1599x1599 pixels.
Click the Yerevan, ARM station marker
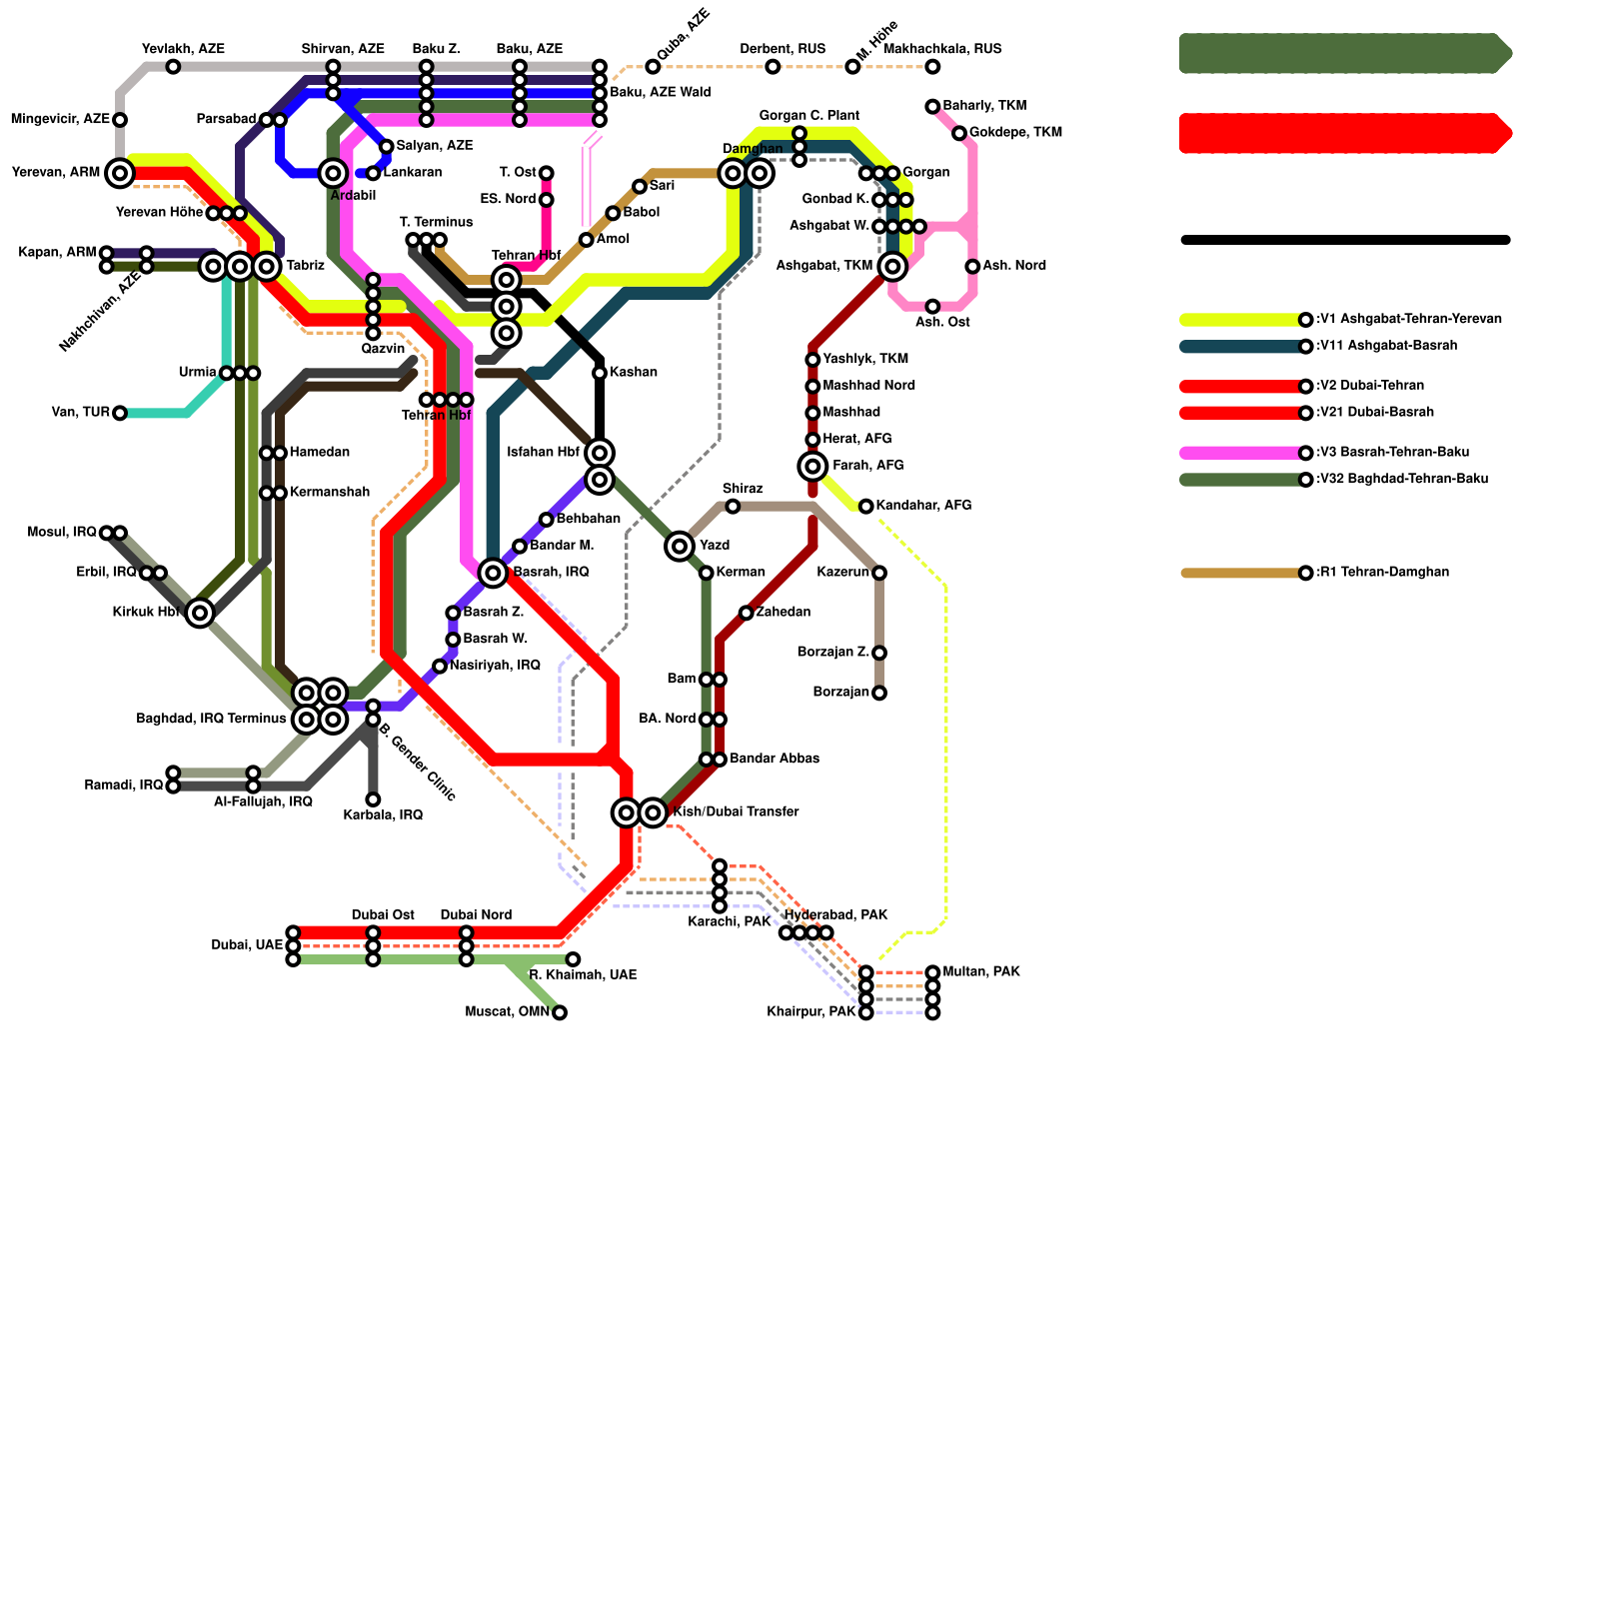[x=120, y=173]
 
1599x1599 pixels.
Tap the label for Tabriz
[x=305, y=266]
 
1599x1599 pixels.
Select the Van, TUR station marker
[x=120, y=413]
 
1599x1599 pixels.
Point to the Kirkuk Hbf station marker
[x=200, y=613]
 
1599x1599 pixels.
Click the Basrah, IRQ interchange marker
[x=493, y=573]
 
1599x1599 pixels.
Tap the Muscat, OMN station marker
[x=560, y=1012]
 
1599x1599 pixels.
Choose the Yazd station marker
[x=680, y=546]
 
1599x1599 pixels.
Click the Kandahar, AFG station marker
[x=866, y=507]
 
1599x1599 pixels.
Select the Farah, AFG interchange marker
[x=813, y=466]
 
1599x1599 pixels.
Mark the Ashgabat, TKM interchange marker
[x=892, y=266]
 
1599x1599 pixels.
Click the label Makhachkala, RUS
[x=942, y=49]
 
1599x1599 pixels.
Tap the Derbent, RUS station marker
[x=773, y=67]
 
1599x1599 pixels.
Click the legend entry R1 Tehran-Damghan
[x=1383, y=573]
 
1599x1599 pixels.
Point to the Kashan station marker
[x=600, y=373]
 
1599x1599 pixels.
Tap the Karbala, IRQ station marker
[x=373, y=799]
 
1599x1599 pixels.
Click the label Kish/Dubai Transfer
[x=736, y=812]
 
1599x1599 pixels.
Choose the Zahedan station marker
[x=747, y=613]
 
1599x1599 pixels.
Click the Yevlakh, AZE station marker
[x=173, y=67]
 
